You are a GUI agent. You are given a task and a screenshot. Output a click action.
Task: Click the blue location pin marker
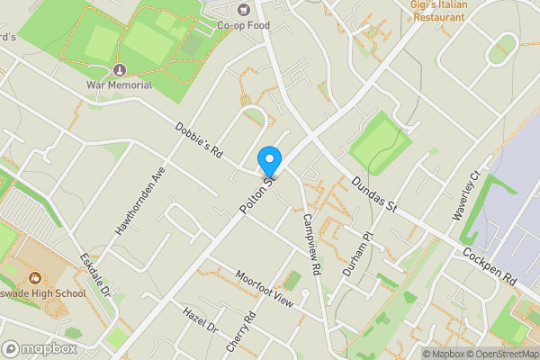269,162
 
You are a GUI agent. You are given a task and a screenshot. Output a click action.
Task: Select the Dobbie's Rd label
199,140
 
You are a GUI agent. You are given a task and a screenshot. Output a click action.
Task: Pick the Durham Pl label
355,253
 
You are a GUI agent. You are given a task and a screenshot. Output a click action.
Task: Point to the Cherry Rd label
242,334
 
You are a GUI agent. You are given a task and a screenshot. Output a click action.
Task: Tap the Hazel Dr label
201,321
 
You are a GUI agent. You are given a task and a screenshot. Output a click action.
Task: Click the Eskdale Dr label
94,275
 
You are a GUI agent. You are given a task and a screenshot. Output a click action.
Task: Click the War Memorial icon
119,70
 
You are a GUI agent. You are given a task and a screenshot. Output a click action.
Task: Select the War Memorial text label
119,85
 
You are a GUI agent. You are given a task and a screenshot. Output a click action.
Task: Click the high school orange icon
35,278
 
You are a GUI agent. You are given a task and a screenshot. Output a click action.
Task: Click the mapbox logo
40,348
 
